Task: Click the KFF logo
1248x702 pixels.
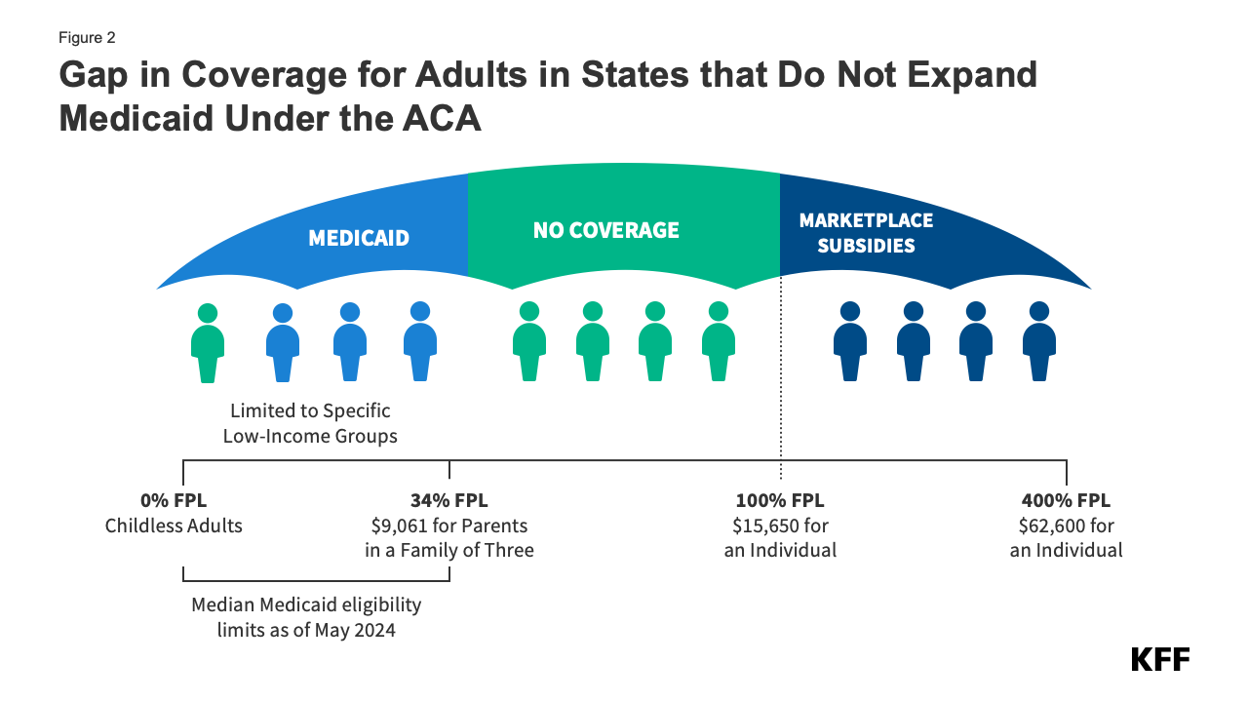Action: [1159, 659]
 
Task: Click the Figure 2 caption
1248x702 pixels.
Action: [88, 38]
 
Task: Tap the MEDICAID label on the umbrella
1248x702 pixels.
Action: [359, 238]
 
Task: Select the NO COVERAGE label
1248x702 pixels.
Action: [605, 230]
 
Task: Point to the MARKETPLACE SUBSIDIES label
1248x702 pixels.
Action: [866, 233]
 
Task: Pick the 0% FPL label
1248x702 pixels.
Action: [174, 501]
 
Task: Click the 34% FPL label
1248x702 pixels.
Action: [448, 501]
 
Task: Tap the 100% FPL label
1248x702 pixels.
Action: [780, 501]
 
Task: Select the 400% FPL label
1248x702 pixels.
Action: [1066, 501]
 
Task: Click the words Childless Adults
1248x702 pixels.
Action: [174, 526]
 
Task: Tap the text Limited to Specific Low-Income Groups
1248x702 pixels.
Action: [310, 424]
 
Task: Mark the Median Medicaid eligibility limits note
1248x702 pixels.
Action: [306, 617]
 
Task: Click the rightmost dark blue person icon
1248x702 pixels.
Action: [1039, 342]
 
